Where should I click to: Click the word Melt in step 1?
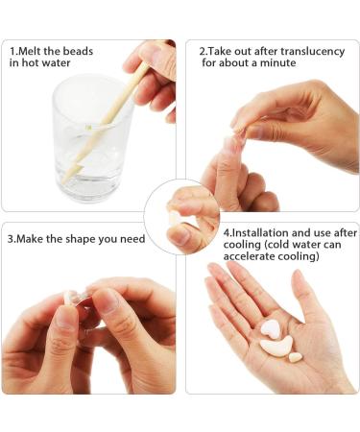click(x=36, y=50)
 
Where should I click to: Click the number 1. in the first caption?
click(x=14, y=50)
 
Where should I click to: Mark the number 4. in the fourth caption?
click(x=228, y=232)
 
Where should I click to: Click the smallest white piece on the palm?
click(x=296, y=357)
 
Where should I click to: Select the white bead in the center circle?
click(x=174, y=218)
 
